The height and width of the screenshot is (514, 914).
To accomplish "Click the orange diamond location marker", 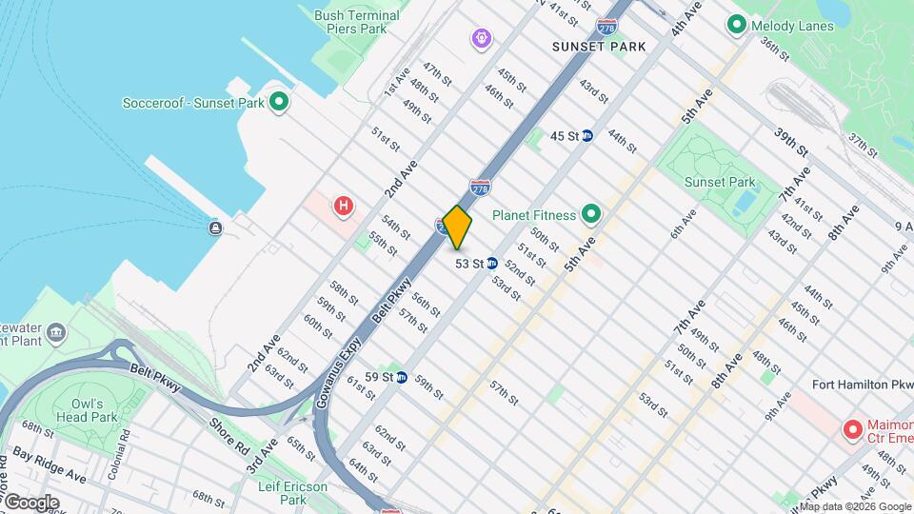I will [457, 227].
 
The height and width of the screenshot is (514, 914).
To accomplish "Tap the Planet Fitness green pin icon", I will [590, 214].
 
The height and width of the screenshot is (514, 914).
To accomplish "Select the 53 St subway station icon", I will [492, 264].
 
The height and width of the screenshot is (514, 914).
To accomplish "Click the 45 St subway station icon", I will [587, 136].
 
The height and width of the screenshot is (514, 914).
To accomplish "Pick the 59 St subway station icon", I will [402, 377].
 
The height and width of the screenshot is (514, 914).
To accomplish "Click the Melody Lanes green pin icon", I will [736, 24].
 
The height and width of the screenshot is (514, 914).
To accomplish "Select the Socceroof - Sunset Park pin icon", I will [278, 102].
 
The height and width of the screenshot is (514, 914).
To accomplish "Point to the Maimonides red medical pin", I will [852, 429].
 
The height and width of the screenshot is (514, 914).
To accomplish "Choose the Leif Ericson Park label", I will [293, 493].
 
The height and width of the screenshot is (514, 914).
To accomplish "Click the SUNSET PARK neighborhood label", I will [600, 46].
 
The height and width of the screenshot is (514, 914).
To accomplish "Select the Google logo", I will [31, 502].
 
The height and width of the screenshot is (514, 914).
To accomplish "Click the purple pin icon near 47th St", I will [483, 39].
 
